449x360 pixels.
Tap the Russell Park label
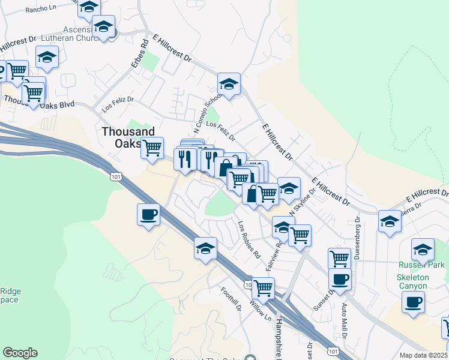(x=422, y=265)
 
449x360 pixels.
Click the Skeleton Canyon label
(x=413, y=281)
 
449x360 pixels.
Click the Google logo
(x=20, y=353)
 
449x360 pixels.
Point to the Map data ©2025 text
(x=424, y=355)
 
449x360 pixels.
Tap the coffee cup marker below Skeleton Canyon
(x=413, y=302)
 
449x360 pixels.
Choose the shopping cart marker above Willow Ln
(x=263, y=288)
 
